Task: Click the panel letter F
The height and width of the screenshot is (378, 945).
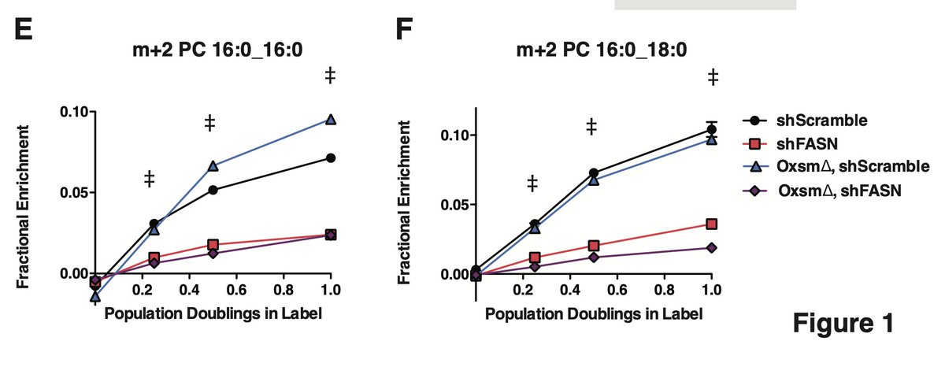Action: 403,33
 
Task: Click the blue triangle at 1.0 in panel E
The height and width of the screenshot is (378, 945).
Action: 331,120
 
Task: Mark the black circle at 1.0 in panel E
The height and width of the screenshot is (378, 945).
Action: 331,158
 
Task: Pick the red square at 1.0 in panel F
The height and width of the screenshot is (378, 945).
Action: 712,224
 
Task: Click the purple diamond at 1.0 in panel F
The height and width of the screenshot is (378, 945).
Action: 712,247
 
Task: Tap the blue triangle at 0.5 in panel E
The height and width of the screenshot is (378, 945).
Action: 213,165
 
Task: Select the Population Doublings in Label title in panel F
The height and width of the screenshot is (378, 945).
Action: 594,312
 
